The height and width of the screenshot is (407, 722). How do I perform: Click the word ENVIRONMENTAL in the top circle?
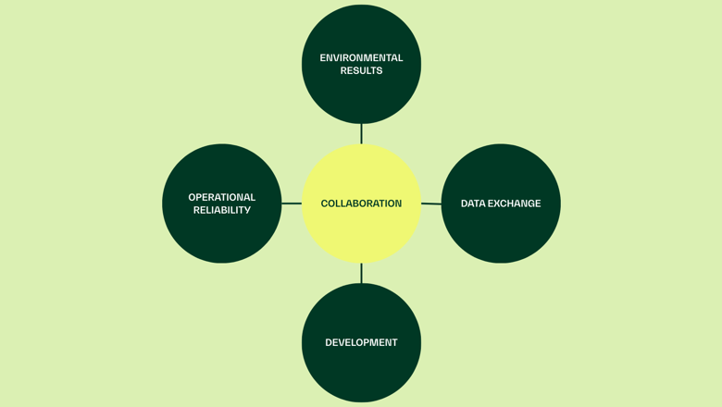361,58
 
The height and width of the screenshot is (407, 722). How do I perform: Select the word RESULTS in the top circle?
361,70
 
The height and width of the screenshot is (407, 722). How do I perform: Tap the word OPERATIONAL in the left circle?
222,197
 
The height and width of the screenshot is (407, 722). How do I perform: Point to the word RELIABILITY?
222,210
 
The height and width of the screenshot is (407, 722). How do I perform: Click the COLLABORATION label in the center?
361,203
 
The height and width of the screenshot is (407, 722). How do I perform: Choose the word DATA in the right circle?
474,203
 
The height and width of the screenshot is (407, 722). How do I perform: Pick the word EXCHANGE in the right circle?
516,203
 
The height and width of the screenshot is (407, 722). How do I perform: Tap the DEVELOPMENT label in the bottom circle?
361,342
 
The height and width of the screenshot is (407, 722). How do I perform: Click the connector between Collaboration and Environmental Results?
361,134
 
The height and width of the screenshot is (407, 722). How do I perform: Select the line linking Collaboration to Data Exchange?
431,203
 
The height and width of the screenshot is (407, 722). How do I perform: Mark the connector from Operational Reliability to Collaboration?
292,203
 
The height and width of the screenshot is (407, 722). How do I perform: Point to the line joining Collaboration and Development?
361,273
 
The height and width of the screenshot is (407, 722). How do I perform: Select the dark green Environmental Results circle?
361,97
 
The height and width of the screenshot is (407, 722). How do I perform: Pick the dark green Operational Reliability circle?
222,236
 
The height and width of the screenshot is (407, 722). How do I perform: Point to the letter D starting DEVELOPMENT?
329,342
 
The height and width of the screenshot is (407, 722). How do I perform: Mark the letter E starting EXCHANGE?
492,203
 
